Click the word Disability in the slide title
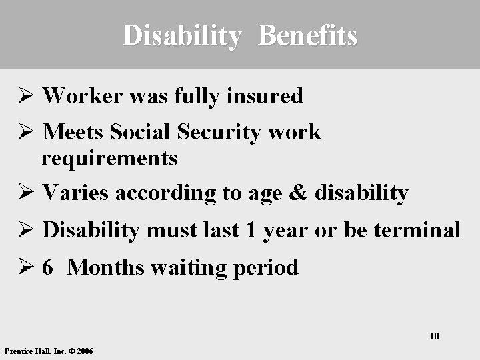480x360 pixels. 180,35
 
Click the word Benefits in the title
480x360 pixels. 307,35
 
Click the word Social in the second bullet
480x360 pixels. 141,132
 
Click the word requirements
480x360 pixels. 109,159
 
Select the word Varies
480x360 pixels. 75,193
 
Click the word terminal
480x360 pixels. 417,231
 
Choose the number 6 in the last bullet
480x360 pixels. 47,268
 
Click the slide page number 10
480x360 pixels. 434,335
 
